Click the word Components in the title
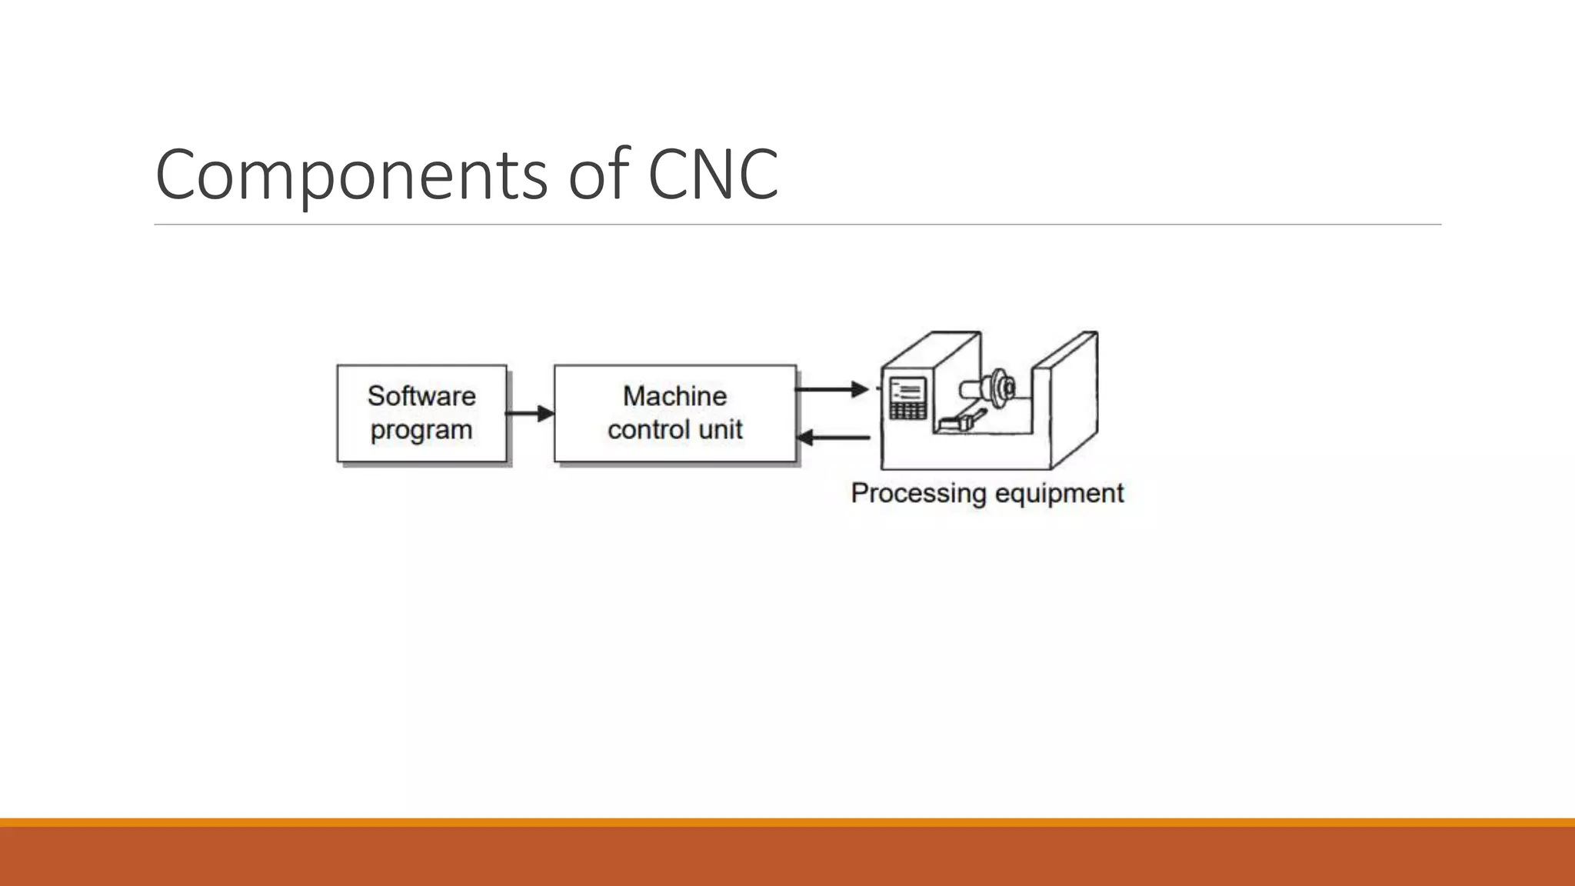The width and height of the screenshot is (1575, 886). pyautogui.click(x=351, y=175)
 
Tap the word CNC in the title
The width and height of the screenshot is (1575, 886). pyautogui.click(x=713, y=174)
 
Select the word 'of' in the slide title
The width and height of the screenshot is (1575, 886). pyautogui.click(x=598, y=174)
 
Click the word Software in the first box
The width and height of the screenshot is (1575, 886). pyautogui.click(x=421, y=396)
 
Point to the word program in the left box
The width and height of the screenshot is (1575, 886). pyautogui.click(x=421, y=431)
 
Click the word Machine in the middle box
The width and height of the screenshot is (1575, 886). pyautogui.click(x=674, y=396)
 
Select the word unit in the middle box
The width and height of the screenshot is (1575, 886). pyautogui.click(x=721, y=429)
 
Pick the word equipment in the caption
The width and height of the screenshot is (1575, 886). pyautogui.click(x=1058, y=493)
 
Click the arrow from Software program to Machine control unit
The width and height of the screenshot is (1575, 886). pyautogui.click(x=530, y=414)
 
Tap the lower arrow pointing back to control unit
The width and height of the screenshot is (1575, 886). pyautogui.click(x=834, y=438)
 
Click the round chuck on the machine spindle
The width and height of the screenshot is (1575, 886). pyautogui.click(x=1001, y=385)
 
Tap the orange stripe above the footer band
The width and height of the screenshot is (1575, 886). pyautogui.click(x=787, y=822)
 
